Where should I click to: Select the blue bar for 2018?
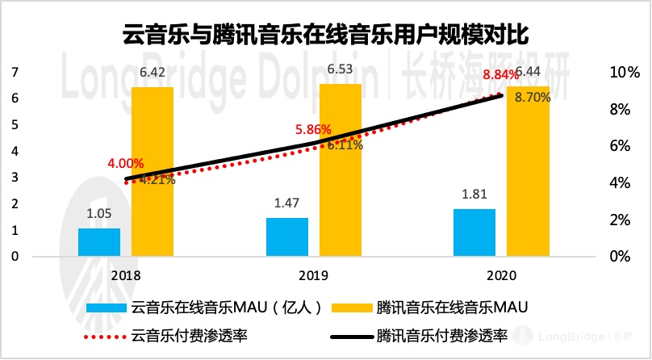[99, 242]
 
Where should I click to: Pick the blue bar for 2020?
[474, 232]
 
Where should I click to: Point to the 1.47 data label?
[287, 206]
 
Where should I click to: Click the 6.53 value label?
[340, 72]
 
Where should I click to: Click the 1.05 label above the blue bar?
[99, 216]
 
